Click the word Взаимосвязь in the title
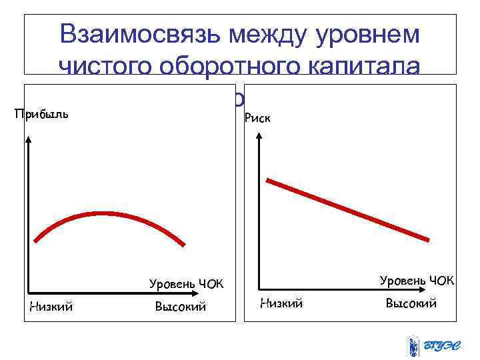[x=137, y=35]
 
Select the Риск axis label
[x=257, y=118]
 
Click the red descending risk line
[x=347, y=209]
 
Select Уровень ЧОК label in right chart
[x=417, y=281]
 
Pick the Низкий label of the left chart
[x=51, y=307]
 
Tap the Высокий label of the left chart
[x=180, y=307]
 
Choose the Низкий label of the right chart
[x=281, y=303]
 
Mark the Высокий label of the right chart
[x=411, y=303]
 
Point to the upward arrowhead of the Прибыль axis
[x=29, y=141]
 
